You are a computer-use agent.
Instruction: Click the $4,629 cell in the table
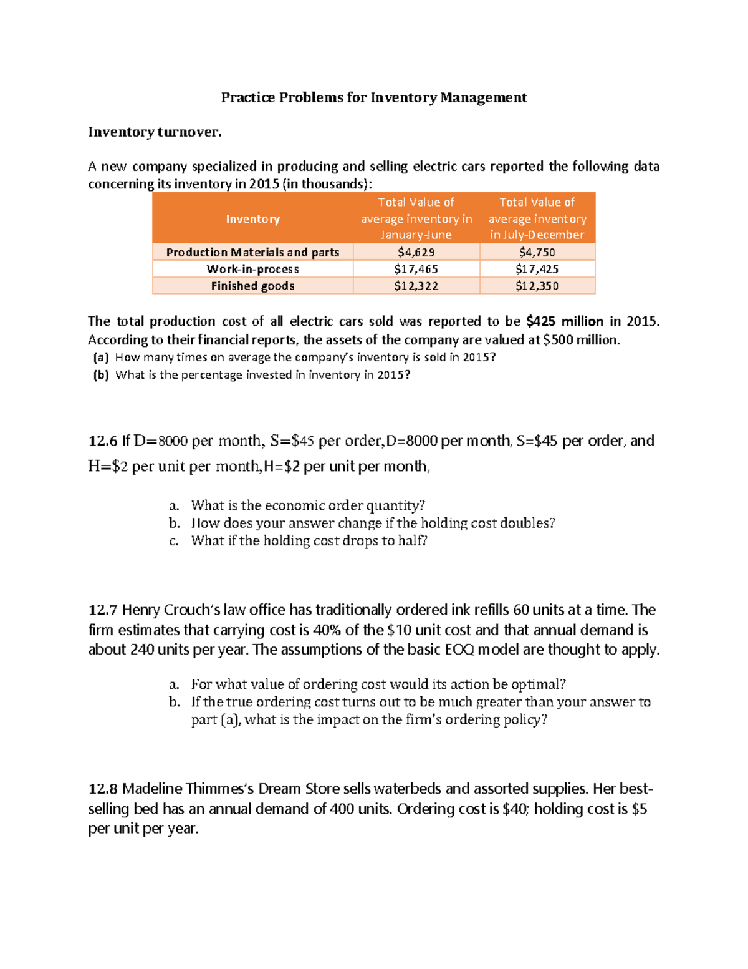[416, 252]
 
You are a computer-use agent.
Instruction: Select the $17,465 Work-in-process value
[416, 269]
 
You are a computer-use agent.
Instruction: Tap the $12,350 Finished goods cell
[537, 286]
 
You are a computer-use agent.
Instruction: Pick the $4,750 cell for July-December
[537, 252]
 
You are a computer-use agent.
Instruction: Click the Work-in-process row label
[252, 269]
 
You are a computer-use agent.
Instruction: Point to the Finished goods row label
[252, 286]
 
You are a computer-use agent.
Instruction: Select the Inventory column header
[252, 219]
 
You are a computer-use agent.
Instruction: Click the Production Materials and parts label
[252, 252]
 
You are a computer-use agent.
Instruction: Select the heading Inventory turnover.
[155, 132]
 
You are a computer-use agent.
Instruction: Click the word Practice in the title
[247, 97]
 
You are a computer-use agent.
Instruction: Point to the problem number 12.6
[103, 441]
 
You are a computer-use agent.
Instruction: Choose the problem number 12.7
[103, 610]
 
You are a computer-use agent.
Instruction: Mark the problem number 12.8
[103, 789]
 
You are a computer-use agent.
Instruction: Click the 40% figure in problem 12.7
[327, 630]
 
